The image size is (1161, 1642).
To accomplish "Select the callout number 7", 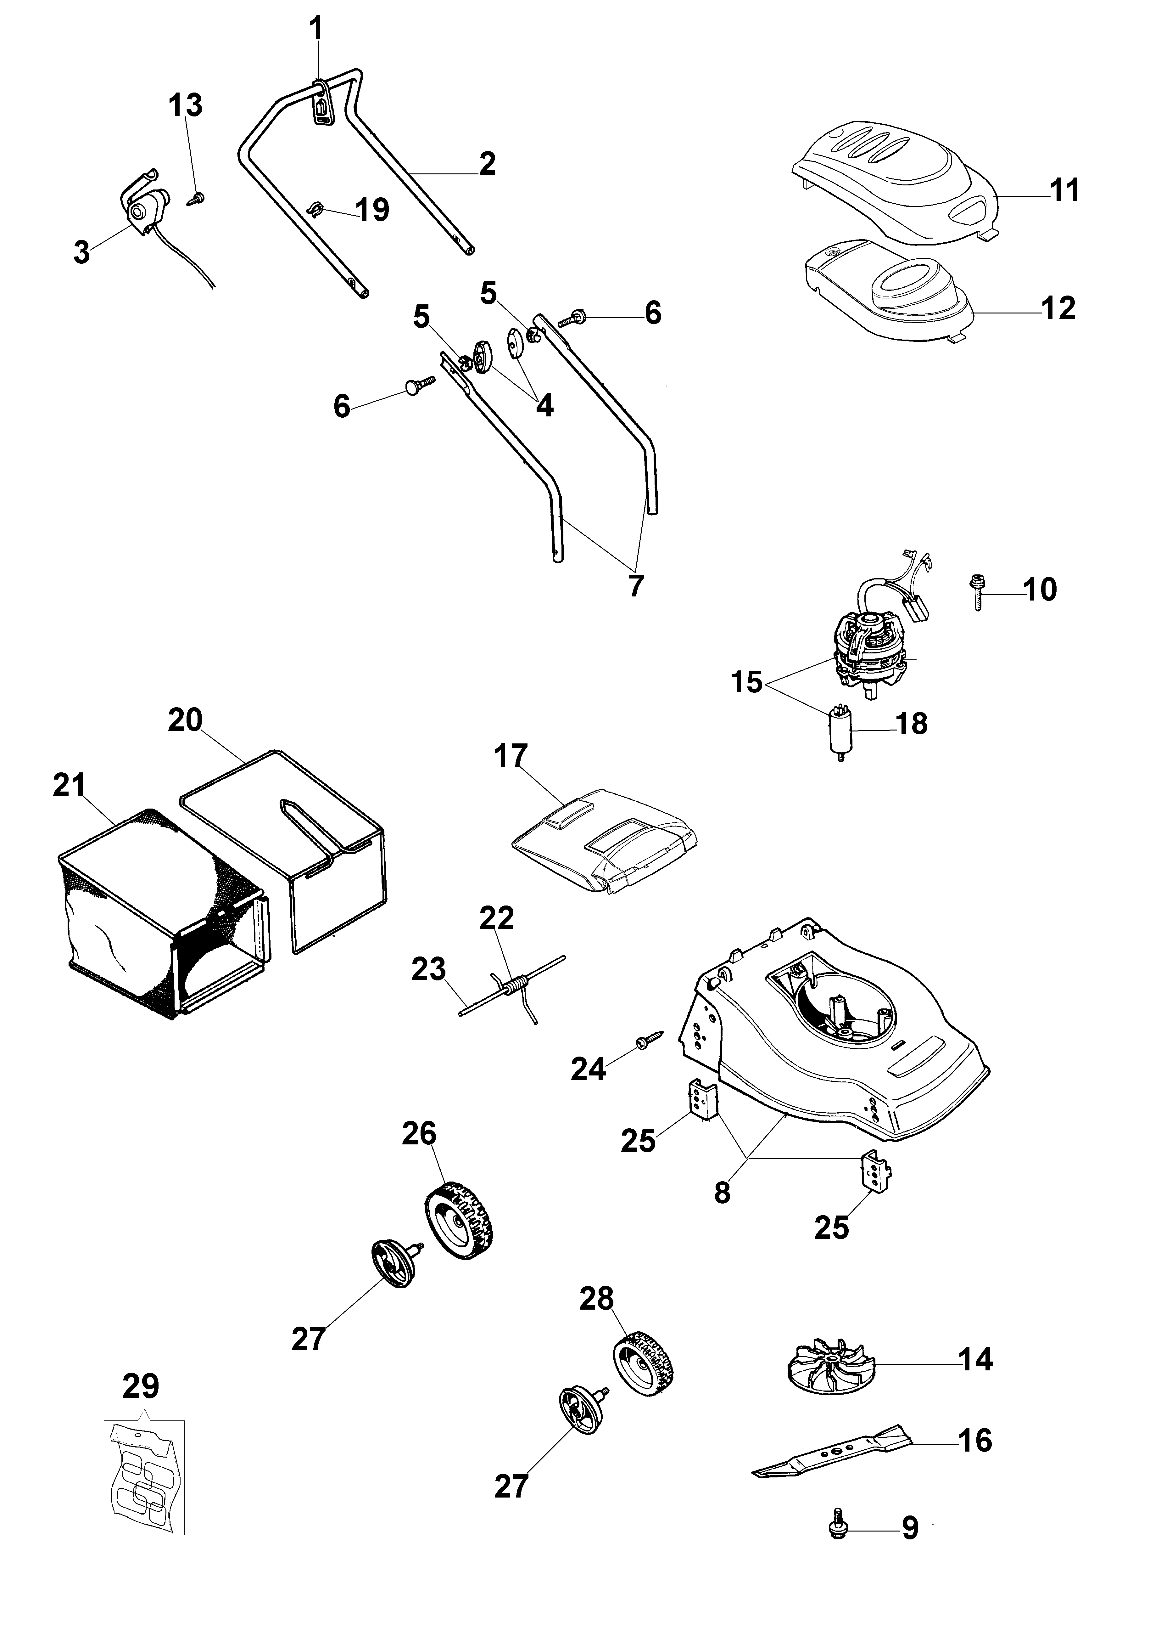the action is pos(635,585).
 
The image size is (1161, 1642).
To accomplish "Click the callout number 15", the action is pos(747,682).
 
